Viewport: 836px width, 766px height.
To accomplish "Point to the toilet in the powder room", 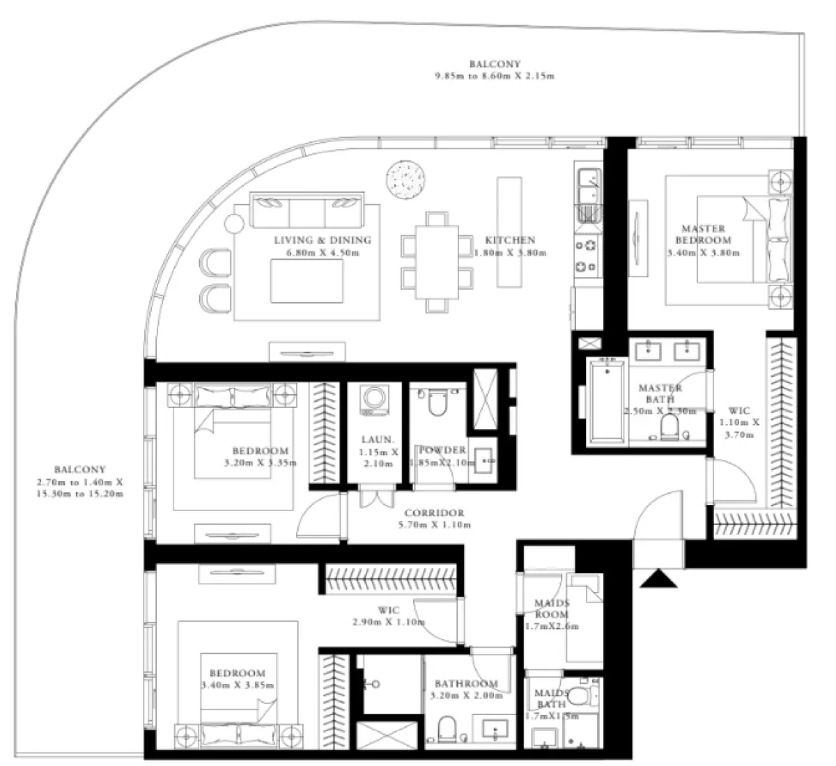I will point(437,402).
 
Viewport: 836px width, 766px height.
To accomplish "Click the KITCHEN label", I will point(511,241).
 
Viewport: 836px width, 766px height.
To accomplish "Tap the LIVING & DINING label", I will point(322,241).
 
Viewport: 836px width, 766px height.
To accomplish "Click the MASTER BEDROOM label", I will point(703,235).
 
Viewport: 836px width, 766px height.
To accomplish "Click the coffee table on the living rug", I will point(307,281).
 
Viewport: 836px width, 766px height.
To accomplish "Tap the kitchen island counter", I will point(509,232).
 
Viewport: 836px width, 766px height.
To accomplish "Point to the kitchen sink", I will point(586,183).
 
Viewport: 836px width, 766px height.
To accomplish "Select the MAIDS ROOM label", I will point(552,609).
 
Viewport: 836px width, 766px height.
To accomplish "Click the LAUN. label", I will point(378,440).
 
